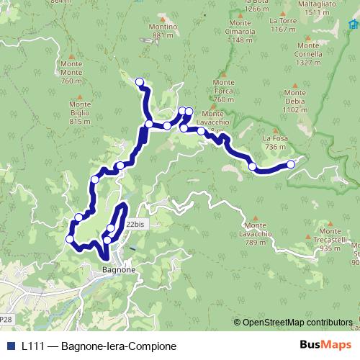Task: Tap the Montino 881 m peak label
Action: point(163,31)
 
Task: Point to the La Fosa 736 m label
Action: point(275,143)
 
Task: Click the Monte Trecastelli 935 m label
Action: point(330,244)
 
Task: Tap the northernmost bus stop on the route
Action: point(140,82)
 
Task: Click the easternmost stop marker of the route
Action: point(291,165)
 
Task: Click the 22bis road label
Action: point(135,225)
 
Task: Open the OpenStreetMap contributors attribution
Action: point(297,323)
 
